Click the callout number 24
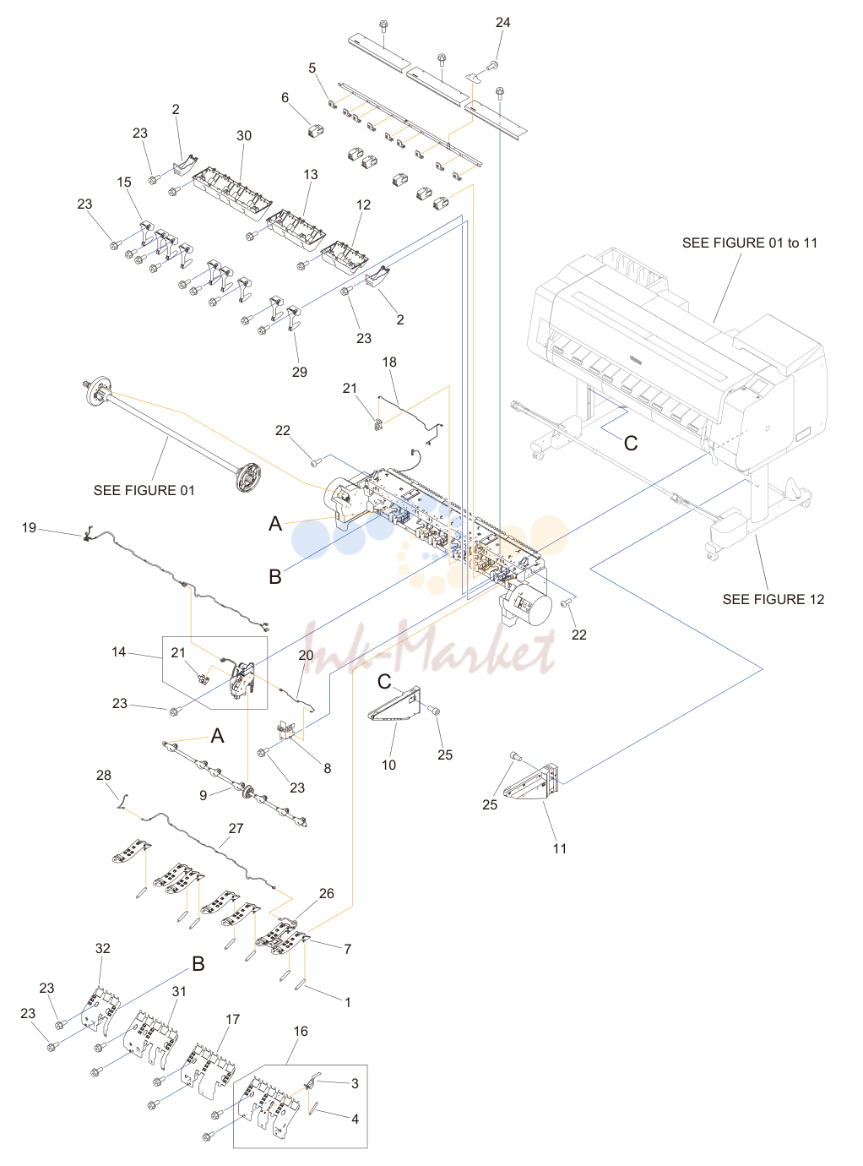pos(502,22)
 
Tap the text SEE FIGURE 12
pos(773,599)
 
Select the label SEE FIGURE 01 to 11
pos(750,242)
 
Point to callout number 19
pos(29,527)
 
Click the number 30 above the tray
pos(244,136)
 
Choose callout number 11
pos(559,848)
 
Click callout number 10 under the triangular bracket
pos(388,765)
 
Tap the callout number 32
pos(102,948)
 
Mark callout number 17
pos(232,1019)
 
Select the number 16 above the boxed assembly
pos(300,1031)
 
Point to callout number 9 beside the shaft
pos(203,795)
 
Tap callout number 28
pos(104,775)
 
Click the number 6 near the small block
pos(285,97)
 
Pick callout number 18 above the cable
pos(389,362)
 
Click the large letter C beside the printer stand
pos(630,443)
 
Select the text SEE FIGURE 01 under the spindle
pos(144,490)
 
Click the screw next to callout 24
pos(493,66)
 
